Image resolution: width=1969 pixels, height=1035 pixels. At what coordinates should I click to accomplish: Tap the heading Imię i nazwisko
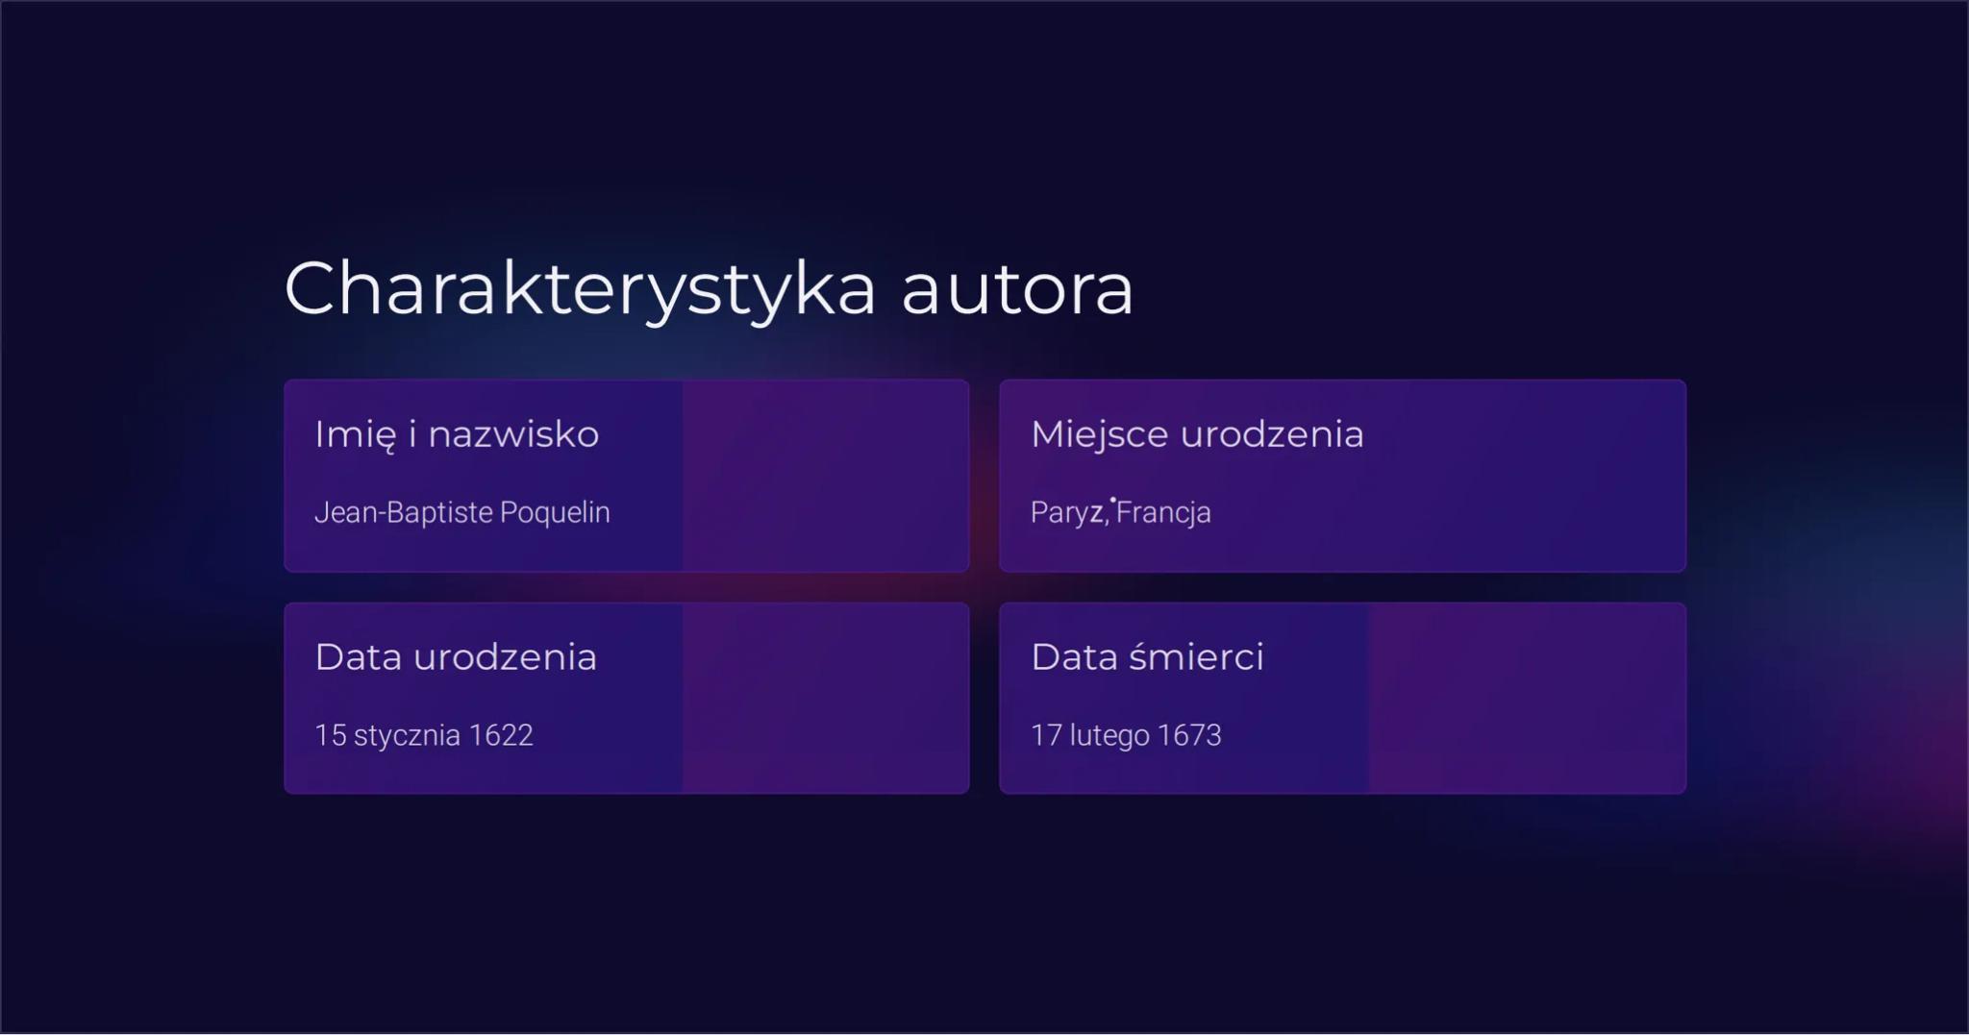pyautogui.click(x=457, y=435)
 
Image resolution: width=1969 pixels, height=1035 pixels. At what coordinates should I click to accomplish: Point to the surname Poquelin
pyautogui.click(x=555, y=513)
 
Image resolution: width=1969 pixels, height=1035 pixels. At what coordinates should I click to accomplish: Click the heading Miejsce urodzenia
pyautogui.click(x=1197, y=434)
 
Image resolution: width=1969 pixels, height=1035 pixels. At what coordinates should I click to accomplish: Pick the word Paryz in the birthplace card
pyautogui.click(x=1067, y=513)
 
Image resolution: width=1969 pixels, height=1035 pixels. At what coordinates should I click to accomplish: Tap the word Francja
pyautogui.click(x=1163, y=513)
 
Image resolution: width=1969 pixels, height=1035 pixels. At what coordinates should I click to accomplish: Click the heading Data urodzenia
pyautogui.click(x=456, y=657)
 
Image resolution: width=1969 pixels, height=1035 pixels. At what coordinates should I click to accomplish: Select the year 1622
pyautogui.click(x=500, y=735)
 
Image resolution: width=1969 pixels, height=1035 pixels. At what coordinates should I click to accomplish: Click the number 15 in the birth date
pyautogui.click(x=331, y=735)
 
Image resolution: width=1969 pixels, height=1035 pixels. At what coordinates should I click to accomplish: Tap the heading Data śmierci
pyautogui.click(x=1147, y=657)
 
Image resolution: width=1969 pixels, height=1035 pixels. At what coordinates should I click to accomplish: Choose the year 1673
pyautogui.click(x=1189, y=735)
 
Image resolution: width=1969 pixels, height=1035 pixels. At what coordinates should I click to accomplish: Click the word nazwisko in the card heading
pyautogui.click(x=513, y=434)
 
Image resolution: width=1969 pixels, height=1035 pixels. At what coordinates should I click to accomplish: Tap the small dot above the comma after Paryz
pyautogui.click(x=1113, y=500)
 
